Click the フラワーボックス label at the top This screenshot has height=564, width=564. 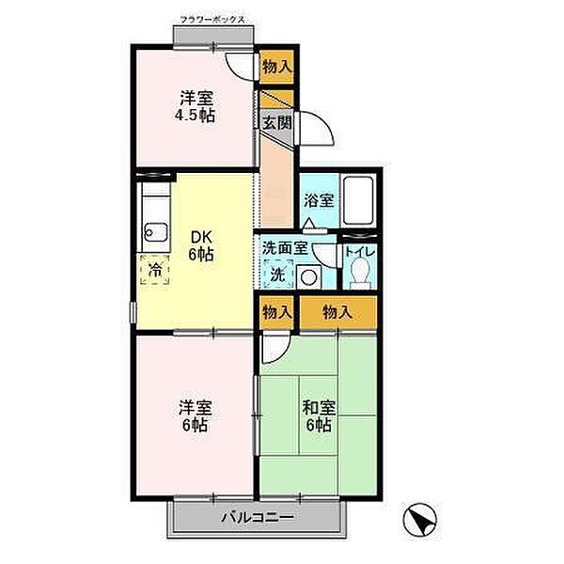click(x=212, y=19)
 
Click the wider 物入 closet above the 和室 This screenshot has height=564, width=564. click(x=338, y=311)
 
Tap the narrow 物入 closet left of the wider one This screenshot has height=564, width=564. click(x=277, y=311)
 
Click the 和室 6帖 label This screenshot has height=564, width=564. click(x=316, y=416)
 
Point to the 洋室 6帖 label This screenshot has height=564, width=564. click(x=196, y=416)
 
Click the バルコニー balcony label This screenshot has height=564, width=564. click(x=258, y=517)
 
